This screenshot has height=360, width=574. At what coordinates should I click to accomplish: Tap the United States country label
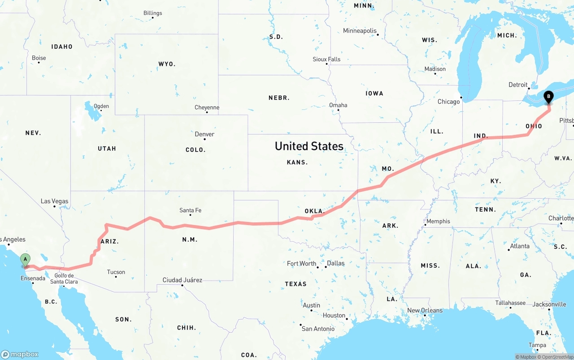(309, 146)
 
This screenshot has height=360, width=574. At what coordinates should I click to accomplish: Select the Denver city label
(204, 134)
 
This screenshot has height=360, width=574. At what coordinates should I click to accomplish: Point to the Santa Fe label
(190, 210)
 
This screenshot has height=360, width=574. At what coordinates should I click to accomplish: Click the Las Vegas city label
(54, 201)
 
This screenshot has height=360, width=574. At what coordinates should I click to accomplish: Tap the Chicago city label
(448, 102)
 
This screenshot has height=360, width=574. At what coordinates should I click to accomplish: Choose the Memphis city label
(438, 221)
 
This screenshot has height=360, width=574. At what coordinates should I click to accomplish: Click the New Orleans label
(425, 310)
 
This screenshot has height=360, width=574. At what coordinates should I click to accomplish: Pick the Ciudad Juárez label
(182, 280)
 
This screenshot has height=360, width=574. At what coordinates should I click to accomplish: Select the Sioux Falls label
(326, 59)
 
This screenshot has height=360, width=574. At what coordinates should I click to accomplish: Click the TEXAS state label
(296, 284)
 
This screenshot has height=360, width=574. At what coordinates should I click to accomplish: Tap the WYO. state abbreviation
(167, 64)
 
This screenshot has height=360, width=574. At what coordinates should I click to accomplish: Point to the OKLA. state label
(314, 211)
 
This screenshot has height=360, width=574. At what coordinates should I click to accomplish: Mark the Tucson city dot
(116, 277)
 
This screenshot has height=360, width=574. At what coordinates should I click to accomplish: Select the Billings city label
(152, 13)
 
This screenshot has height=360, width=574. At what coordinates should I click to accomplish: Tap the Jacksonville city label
(549, 304)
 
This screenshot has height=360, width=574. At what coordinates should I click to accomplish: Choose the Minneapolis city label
(360, 31)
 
